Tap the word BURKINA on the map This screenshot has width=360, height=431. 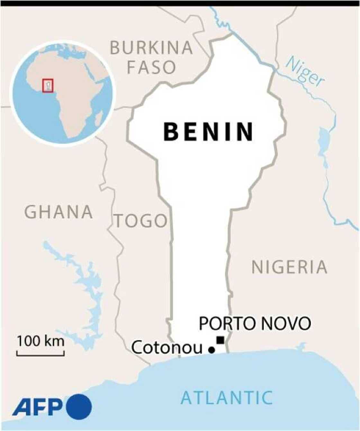click(x=151, y=48)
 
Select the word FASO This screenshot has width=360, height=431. click(x=151, y=68)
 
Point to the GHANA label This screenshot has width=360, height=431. click(x=59, y=212)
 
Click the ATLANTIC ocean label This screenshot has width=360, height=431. click(x=227, y=398)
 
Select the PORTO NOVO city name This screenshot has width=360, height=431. click(x=255, y=324)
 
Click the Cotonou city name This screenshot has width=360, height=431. click(x=167, y=347)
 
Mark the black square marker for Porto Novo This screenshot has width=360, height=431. click(x=221, y=340)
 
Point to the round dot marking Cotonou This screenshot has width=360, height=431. click(x=212, y=350)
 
